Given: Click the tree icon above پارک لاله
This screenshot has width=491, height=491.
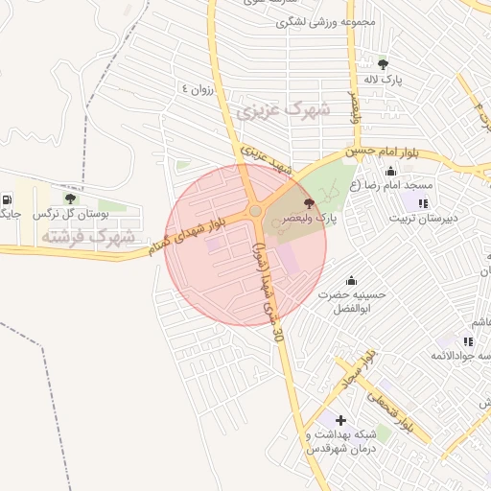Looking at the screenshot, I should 384,64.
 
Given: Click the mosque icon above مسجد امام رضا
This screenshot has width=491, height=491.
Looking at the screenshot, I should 390,171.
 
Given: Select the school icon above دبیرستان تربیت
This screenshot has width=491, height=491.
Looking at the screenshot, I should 423,202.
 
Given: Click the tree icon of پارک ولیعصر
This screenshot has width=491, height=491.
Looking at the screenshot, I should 308,203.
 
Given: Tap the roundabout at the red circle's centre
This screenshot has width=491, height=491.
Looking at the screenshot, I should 255,211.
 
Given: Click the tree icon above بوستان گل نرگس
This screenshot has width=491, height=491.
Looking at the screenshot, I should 69,199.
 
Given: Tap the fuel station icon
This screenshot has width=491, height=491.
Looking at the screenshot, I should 7,199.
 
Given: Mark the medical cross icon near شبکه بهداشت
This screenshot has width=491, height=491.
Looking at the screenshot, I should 340,420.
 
